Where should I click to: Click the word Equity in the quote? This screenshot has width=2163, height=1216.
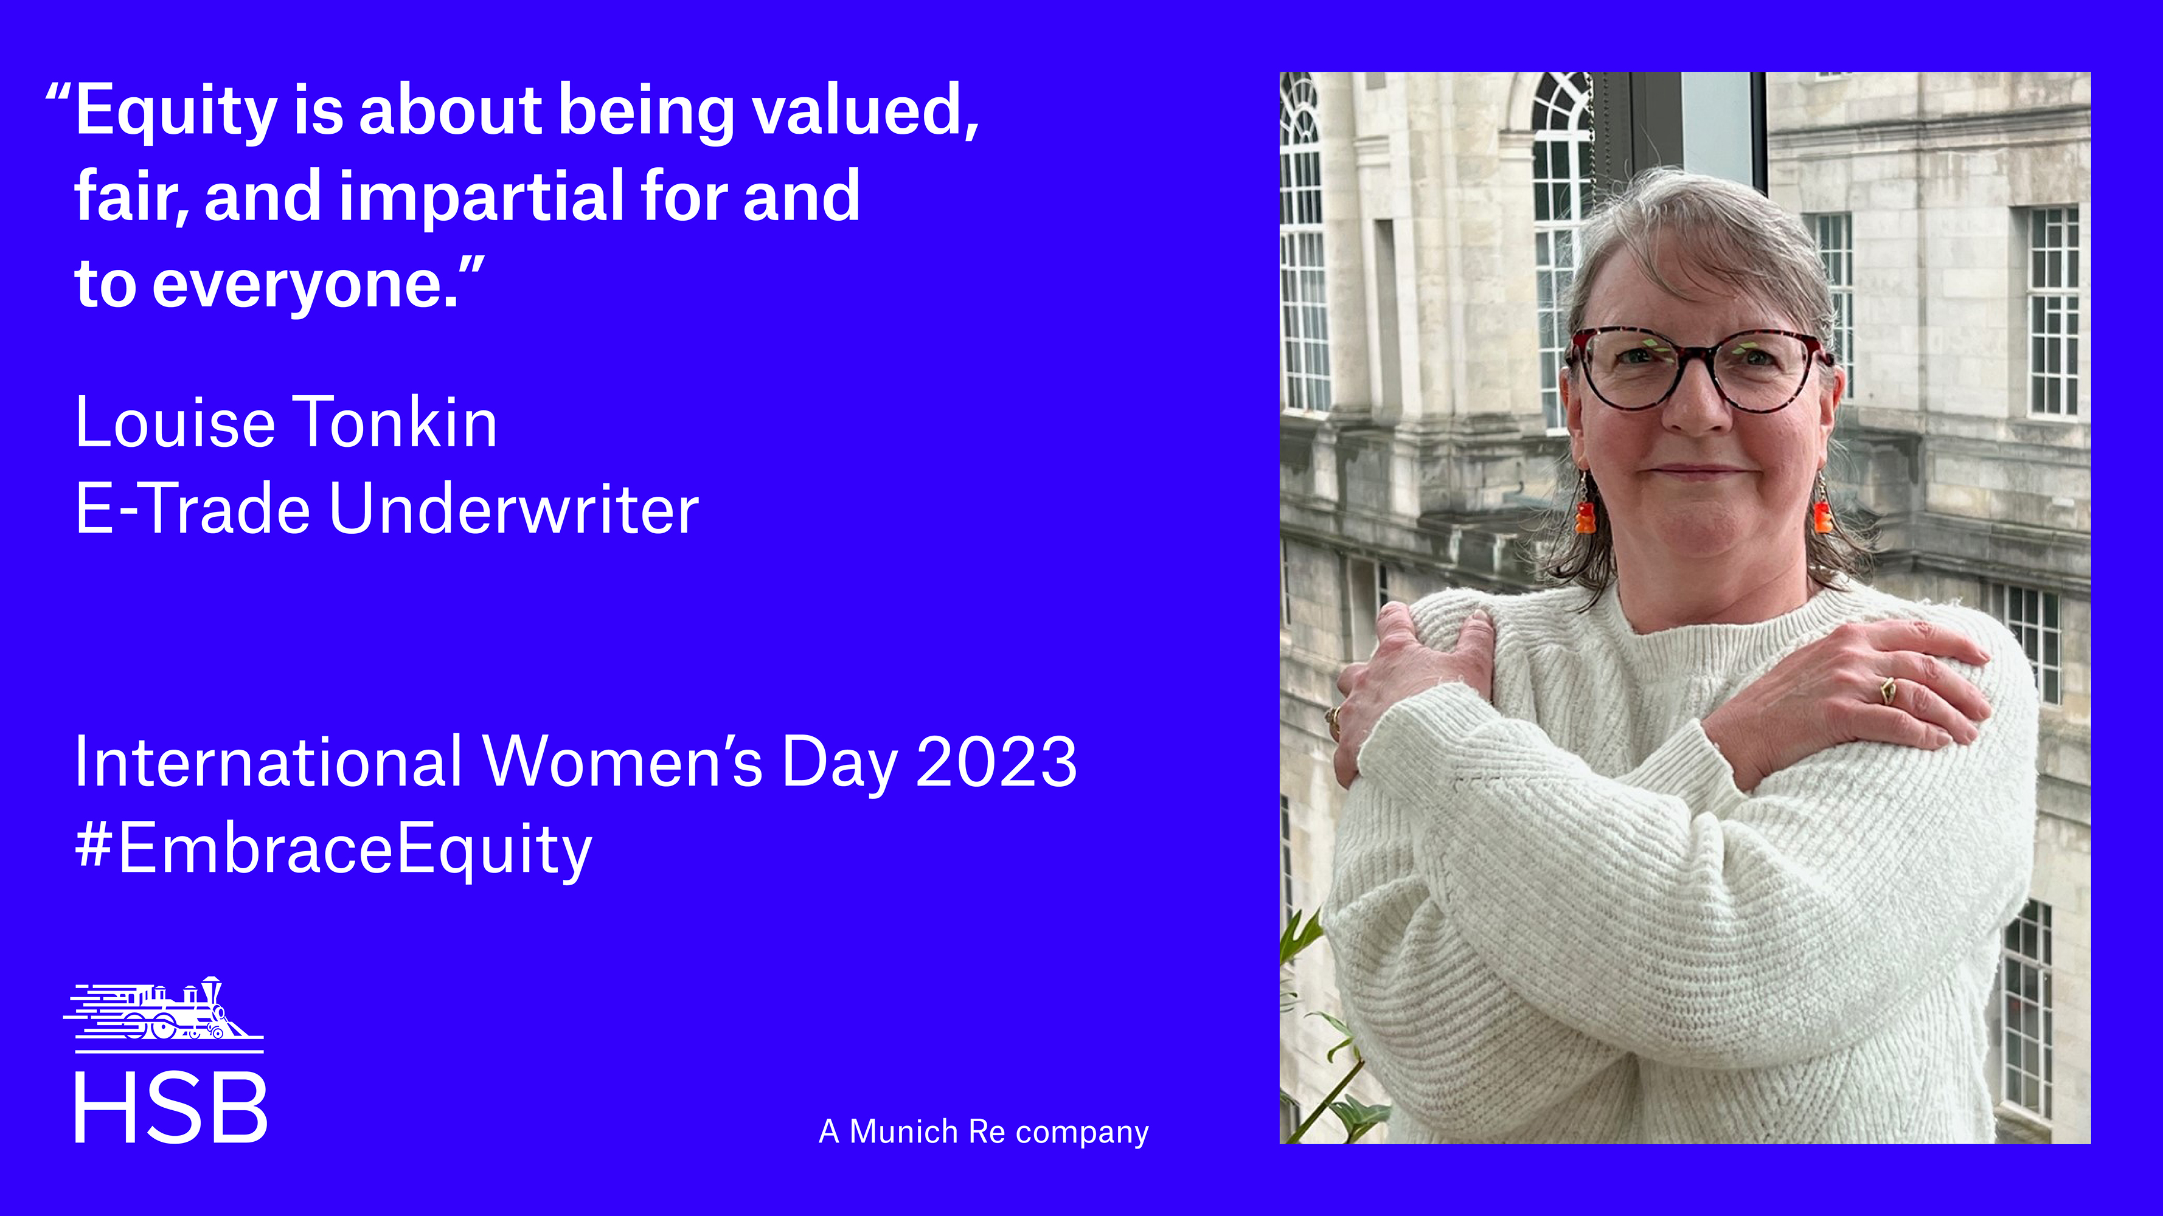click(x=176, y=112)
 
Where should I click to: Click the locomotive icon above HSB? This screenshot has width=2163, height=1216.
click(x=164, y=1010)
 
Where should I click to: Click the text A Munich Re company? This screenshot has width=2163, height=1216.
click(x=983, y=1132)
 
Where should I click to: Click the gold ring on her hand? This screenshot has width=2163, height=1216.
click(x=1887, y=691)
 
